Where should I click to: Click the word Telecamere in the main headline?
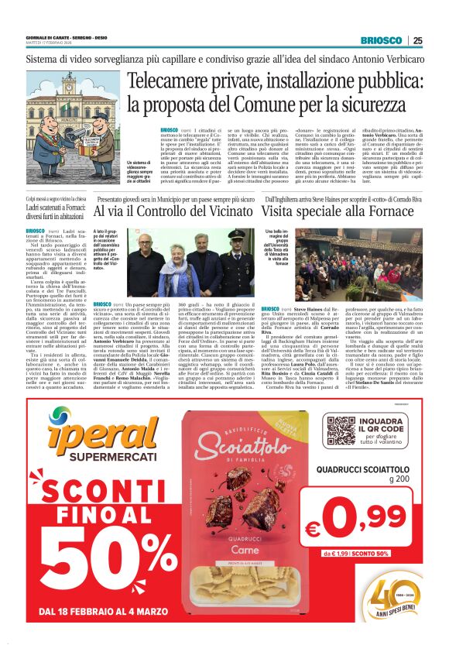click(x=173, y=81)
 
